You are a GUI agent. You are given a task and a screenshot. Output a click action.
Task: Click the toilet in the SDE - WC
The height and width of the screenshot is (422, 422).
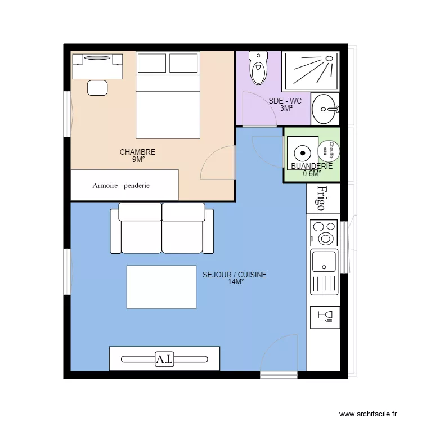click(258, 68)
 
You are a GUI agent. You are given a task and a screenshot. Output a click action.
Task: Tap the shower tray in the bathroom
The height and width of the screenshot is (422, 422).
click(311, 71)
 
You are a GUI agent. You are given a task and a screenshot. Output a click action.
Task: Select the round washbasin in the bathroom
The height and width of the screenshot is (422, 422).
click(325, 109)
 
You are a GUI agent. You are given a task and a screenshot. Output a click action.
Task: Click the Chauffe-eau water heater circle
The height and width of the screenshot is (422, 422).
click(329, 151)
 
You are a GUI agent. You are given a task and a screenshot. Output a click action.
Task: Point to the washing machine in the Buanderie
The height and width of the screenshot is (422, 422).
click(303, 153)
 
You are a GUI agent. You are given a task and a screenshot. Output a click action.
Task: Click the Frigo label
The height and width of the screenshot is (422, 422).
click(322, 198)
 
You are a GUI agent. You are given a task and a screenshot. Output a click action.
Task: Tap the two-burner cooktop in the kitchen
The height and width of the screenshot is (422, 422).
click(324, 233)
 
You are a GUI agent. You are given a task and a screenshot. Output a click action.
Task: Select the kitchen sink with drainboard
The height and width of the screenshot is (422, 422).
click(324, 272)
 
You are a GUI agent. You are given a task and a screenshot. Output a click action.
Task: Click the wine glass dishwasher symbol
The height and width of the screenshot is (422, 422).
click(325, 317)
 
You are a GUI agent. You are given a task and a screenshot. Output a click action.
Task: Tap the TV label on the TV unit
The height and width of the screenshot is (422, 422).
click(164, 360)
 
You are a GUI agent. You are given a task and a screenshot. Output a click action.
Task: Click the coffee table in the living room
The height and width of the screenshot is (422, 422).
click(161, 287)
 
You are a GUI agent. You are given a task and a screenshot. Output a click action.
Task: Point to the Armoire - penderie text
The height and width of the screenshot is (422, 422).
click(121, 186)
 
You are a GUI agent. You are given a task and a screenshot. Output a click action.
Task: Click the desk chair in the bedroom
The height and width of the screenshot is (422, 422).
click(97, 88)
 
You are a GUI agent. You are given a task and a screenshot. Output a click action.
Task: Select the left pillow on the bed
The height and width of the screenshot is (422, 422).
click(152, 63)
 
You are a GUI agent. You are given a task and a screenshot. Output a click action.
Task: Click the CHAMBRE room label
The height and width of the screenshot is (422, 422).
click(137, 152)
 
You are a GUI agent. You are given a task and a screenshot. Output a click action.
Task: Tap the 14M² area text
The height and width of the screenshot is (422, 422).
click(236, 282)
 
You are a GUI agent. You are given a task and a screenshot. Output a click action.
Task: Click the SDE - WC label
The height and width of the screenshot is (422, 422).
click(285, 101)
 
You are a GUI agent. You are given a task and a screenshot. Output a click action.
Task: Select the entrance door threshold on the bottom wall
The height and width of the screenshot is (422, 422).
click(279, 375)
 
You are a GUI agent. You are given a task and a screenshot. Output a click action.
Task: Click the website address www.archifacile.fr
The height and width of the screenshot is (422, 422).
click(368, 414)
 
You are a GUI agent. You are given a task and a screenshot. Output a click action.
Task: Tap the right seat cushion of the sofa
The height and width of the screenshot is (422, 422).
click(182, 237)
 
